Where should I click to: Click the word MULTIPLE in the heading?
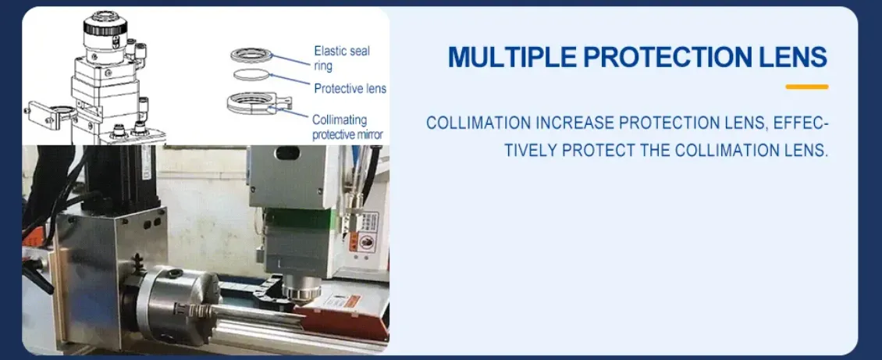(513, 57)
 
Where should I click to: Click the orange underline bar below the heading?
(806, 87)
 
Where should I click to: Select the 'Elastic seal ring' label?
(341, 59)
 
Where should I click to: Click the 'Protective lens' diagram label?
(350, 89)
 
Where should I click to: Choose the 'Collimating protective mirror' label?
(347, 127)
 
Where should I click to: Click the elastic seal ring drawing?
(251, 55)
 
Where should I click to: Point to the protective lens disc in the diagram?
(251, 74)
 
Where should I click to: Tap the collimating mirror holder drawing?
(258, 103)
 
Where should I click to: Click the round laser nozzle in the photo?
(301, 290)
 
